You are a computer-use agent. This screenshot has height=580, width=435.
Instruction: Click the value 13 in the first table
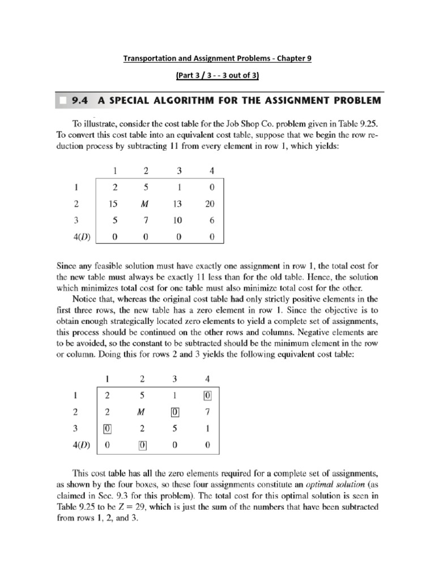point(177,204)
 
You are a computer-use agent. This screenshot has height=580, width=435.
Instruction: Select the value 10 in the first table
point(177,221)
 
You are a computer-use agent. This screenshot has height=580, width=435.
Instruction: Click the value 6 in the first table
point(211,221)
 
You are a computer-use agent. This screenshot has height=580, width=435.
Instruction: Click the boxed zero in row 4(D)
point(142,445)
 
